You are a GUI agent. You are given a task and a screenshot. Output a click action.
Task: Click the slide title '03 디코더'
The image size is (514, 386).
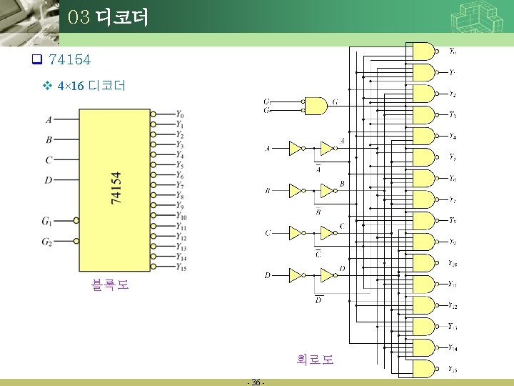[x=109, y=17]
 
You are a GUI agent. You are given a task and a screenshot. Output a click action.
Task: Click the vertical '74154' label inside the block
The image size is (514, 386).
[x=116, y=187]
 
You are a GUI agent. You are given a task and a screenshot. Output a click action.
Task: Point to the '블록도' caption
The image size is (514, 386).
[x=110, y=285]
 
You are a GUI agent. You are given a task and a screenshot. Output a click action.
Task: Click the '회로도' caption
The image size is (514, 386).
[x=315, y=359]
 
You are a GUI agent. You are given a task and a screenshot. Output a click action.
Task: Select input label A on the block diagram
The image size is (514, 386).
[x=49, y=119]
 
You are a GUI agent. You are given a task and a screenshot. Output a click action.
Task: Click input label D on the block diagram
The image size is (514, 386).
[x=49, y=179]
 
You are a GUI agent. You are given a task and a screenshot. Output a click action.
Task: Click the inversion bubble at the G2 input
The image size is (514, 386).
[x=76, y=242]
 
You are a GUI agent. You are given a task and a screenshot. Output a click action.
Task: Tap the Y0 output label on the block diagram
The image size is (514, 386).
[x=179, y=114]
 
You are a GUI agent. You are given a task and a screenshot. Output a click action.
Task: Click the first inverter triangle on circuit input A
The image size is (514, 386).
[x=295, y=148]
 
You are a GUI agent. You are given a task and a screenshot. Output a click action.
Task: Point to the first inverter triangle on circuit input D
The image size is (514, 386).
[x=295, y=274]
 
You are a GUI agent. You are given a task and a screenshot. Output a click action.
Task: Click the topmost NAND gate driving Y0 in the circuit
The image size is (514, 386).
[x=423, y=51]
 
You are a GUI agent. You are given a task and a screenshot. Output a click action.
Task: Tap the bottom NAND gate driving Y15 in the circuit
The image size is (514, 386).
[x=423, y=369]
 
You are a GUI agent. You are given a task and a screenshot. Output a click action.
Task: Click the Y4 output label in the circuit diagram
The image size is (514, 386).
[x=453, y=136]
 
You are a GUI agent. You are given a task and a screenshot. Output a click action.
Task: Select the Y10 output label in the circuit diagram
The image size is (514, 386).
[x=453, y=263]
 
